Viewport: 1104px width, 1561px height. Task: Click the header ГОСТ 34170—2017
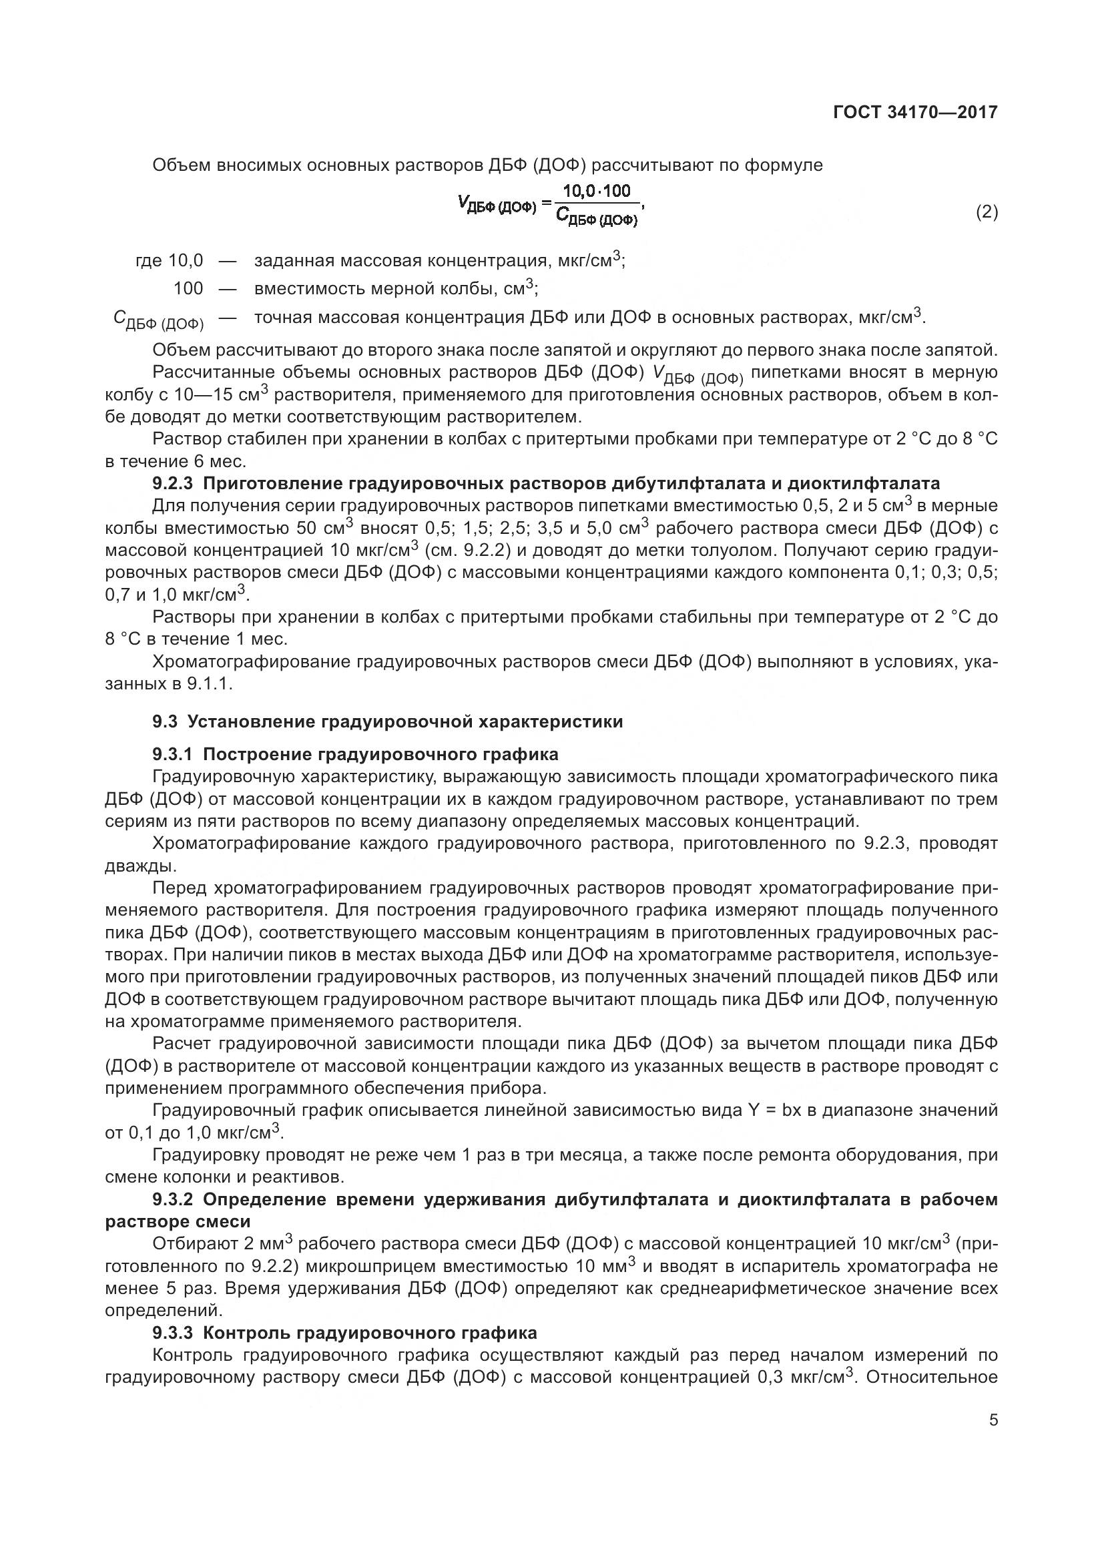pyautogui.click(x=915, y=113)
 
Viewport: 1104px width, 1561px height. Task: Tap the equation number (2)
pyautogui.click(x=987, y=213)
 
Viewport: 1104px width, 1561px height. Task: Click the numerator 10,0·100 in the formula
pyautogui.click(x=597, y=191)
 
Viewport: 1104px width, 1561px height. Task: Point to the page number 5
pyautogui.click(x=993, y=1420)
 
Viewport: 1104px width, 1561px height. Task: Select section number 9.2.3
pyautogui.click(x=174, y=483)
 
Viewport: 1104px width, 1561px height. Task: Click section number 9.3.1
pyautogui.click(x=174, y=754)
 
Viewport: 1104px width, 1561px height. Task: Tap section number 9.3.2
pyautogui.click(x=174, y=1199)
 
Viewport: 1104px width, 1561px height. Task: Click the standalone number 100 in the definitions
pyautogui.click(x=188, y=289)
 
